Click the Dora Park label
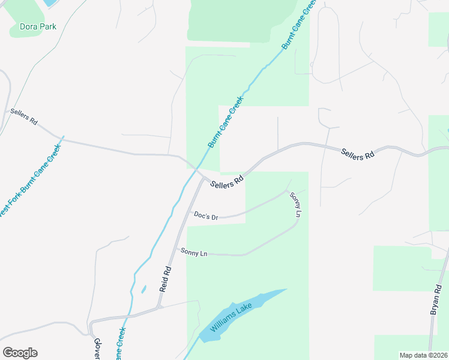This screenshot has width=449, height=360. pyautogui.click(x=38, y=26)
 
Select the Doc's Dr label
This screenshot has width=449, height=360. pyautogui.click(x=205, y=215)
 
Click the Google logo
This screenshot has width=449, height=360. pyautogui.click(x=20, y=353)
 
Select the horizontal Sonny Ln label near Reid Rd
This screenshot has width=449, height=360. pyautogui.click(x=194, y=253)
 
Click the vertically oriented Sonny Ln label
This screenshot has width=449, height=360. pyautogui.click(x=295, y=205)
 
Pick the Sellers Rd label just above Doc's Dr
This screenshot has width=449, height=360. pyautogui.click(x=228, y=181)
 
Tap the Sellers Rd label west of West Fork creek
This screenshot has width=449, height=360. pyautogui.click(x=24, y=117)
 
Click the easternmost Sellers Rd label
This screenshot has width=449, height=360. pyautogui.click(x=358, y=154)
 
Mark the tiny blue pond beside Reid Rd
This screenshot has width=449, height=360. pyautogui.click(x=143, y=289)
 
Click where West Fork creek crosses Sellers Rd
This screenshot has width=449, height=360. pyautogui.click(x=62, y=139)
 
